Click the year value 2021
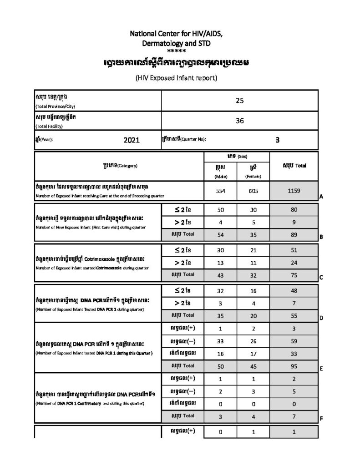[131, 140]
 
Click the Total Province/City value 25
[240, 101]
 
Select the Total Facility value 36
[240, 121]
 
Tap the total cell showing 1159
[294, 191]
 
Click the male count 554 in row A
[220, 191]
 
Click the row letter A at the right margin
[321, 197]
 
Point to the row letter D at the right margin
[321, 318]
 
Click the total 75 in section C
[294, 274]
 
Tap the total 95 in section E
[294, 366]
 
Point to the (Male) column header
[220, 176]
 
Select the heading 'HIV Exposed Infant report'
[177, 78]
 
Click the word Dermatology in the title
[162, 43]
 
